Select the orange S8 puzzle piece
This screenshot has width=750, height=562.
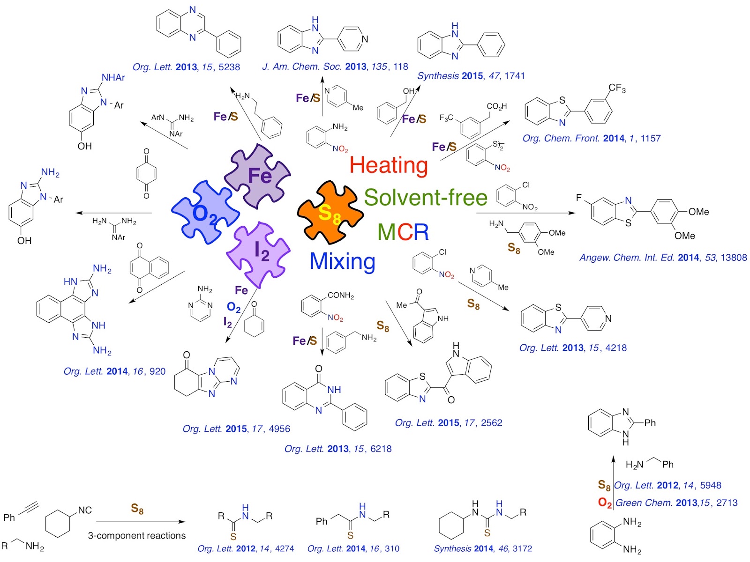[x=330, y=214]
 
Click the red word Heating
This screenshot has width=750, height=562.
[x=389, y=165]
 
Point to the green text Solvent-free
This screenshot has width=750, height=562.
[x=426, y=197]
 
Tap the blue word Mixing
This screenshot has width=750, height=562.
[x=343, y=261]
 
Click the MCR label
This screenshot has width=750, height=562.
[x=403, y=232]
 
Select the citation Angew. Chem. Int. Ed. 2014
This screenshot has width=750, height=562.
[x=663, y=258]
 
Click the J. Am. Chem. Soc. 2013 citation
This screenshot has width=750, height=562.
[x=335, y=67]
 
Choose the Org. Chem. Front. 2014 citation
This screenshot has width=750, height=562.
[x=592, y=139]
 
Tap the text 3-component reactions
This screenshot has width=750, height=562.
[x=137, y=536]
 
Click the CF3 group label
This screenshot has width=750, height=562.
[x=617, y=88]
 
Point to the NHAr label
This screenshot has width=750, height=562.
[x=113, y=78]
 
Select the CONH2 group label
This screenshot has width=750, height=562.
[x=340, y=296]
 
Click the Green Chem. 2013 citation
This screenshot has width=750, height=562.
[x=676, y=503]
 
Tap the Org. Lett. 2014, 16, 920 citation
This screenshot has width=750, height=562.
[x=114, y=371]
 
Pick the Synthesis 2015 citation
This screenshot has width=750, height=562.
[x=471, y=76]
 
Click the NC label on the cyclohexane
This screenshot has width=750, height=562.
[x=85, y=510]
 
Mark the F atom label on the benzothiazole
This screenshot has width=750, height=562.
[x=579, y=198]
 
